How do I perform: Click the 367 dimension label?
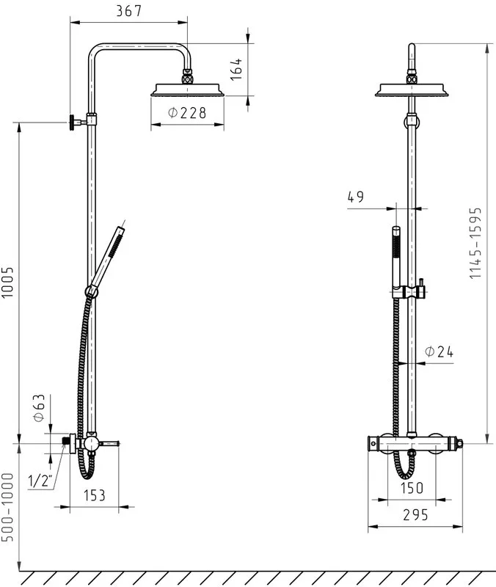click(x=129, y=10)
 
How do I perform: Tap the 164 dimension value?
click(x=236, y=69)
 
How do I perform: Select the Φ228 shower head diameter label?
click(x=187, y=112)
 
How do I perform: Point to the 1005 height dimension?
click(x=7, y=282)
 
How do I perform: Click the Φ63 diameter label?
click(x=39, y=408)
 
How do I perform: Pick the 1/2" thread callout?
click(x=40, y=481)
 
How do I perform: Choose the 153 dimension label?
click(x=95, y=495)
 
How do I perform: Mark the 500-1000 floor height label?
click(x=7, y=507)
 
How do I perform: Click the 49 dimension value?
click(x=356, y=197)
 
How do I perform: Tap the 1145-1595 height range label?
click(x=475, y=244)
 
